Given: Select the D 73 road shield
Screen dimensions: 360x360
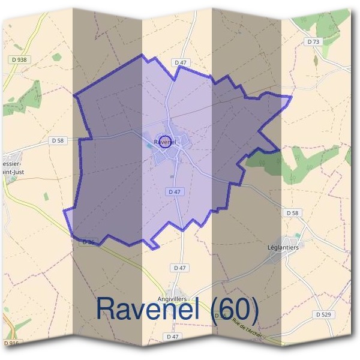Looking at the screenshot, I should [313, 42].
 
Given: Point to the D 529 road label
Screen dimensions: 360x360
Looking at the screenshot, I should [324, 314].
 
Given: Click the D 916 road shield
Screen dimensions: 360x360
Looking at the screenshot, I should [12, 343].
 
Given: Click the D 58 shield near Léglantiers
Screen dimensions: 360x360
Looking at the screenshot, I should [292, 213].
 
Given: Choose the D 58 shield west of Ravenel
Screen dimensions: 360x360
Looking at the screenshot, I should [57, 140].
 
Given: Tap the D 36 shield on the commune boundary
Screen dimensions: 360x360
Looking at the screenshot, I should [88, 242].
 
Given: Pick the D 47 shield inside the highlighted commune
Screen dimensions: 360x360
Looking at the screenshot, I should [174, 191].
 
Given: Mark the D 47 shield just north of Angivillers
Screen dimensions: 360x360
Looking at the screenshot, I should [178, 267].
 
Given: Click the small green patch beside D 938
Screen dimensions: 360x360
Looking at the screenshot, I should [57, 58].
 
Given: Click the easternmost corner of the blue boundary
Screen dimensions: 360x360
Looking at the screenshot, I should [291, 97].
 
